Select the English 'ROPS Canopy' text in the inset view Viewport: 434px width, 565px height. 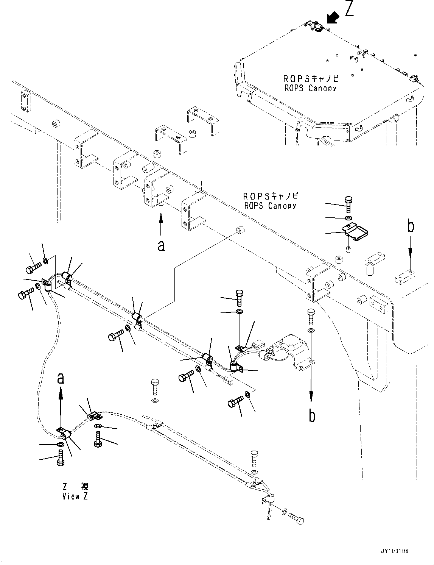pyautogui.click(x=310, y=88)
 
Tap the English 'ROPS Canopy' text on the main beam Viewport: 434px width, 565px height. pyautogui.click(x=270, y=206)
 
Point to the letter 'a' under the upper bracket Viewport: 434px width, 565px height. pyautogui.click(x=161, y=246)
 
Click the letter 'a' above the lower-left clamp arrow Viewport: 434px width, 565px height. pyautogui.click(x=61, y=378)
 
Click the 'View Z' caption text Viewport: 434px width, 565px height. pyautogui.click(x=75, y=496)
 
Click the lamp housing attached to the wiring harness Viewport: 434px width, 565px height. pyautogui.click(x=290, y=351)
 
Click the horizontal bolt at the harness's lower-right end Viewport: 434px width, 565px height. pyautogui.click(x=296, y=518)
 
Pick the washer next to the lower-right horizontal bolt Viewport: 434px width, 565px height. pyautogui.click(x=284, y=512)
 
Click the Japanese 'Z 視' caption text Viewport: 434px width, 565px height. pyautogui.click(x=75, y=487)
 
